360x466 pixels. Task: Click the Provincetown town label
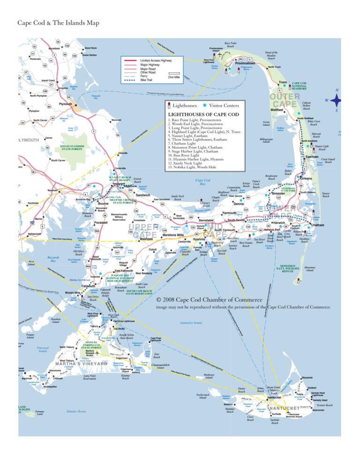coord(245,63)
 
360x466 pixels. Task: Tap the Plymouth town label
coord(65,104)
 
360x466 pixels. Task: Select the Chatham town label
coord(317,225)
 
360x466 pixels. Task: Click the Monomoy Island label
coord(310,269)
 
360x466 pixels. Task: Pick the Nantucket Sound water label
coord(191,323)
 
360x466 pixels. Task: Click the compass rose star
coord(336,100)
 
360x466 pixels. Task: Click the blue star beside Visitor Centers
coord(204,105)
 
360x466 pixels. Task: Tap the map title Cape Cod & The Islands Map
coord(58,23)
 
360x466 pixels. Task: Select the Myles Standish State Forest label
coord(71,148)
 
